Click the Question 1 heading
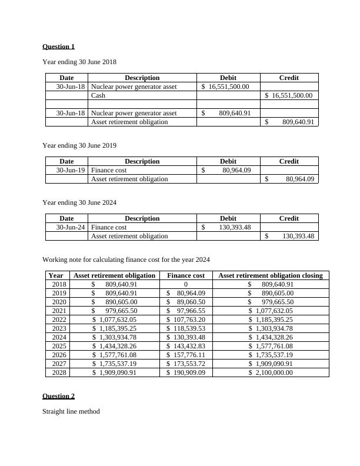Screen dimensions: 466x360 (58, 46)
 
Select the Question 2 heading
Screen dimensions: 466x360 (58, 396)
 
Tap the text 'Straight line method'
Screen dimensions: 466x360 (71, 411)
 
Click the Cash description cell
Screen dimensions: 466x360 (98, 95)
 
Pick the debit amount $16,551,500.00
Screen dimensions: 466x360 (225, 86)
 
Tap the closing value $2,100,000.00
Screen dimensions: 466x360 (270, 373)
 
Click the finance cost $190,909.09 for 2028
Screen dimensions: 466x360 (186, 373)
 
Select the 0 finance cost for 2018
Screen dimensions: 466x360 (186, 285)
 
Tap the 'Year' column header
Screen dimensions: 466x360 (56, 275)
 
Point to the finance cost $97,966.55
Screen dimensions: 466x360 (186, 311)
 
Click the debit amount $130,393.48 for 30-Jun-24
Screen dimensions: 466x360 (227, 227)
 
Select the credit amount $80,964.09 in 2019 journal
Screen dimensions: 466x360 (290, 179)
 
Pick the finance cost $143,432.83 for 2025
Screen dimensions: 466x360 (186, 347)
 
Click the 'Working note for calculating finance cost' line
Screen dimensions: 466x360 (126, 259)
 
